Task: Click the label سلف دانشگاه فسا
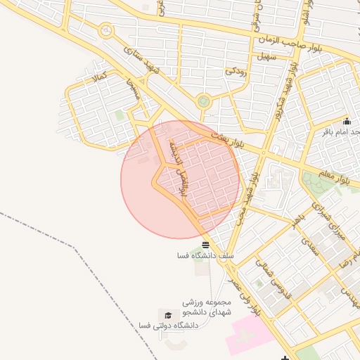pos(205,257)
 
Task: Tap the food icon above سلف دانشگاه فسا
pos(205,245)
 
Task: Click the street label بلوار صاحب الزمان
pos(314,42)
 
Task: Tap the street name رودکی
pos(236,71)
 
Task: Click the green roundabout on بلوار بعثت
pos(204,101)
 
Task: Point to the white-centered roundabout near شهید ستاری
pos(106,31)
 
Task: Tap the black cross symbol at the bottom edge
pos(285,357)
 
